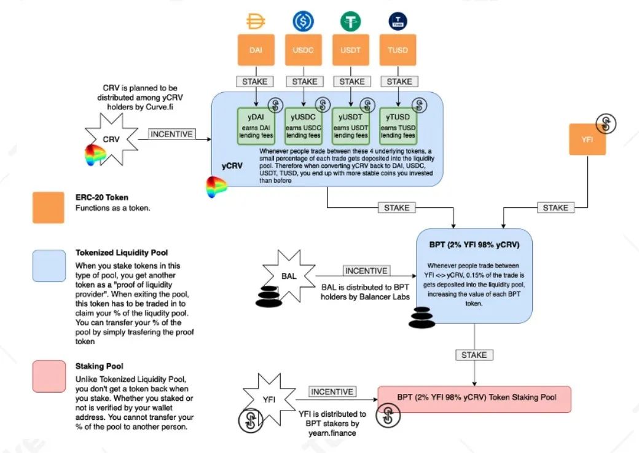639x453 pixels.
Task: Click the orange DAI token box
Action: click(256, 50)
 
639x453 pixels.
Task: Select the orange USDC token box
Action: click(303, 50)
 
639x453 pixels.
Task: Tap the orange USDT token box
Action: click(350, 50)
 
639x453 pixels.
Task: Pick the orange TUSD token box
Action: click(398, 50)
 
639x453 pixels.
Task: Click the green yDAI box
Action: click(256, 126)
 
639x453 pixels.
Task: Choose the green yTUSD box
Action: click(398, 126)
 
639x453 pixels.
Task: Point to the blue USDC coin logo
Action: click(303, 21)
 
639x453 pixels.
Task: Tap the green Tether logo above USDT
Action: click(350, 21)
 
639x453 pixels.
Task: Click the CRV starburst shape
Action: click(111, 140)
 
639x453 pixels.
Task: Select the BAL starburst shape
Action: click(289, 276)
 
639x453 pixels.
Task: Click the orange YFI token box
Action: click(587, 139)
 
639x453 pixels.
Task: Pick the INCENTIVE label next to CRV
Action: click(171, 134)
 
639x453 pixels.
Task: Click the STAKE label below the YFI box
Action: click(555, 208)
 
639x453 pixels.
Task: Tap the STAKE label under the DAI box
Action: click(255, 82)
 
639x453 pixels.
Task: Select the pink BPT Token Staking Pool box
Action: click(474, 399)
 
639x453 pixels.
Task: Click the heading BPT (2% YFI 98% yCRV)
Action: click(474, 245)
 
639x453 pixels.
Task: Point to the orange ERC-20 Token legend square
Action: click(49, 208)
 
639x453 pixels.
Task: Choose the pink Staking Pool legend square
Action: click(49, 376)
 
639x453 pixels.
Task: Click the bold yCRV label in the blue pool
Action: click(232, 166)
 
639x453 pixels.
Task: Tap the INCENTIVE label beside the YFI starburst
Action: click(332, 392)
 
